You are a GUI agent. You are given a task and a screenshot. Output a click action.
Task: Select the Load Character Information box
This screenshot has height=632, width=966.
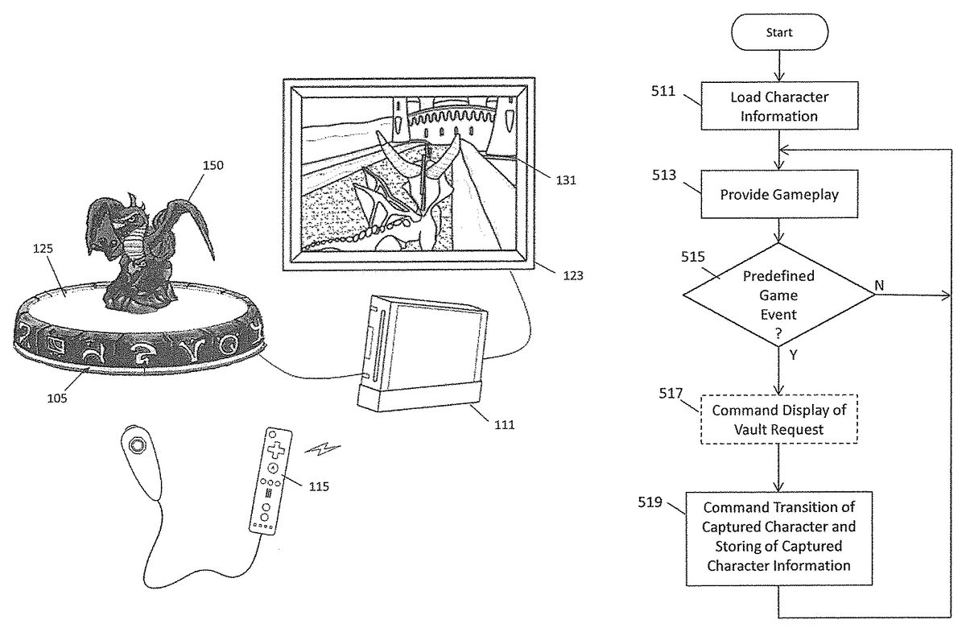[x=779, y=106]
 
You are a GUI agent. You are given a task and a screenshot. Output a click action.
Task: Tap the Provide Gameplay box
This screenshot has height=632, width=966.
[x=779, y=194]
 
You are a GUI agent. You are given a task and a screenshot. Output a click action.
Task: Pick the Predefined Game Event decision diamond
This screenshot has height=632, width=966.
[x=779, y=295]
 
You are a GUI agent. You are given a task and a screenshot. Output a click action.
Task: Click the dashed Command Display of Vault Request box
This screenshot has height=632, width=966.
[x=779, y=419]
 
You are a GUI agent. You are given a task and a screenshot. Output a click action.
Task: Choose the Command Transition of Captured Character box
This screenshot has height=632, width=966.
[x=779, y=536]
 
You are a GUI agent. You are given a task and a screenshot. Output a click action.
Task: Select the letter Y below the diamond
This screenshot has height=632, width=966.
[x=794, y=354]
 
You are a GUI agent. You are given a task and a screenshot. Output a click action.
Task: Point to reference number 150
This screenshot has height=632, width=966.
[x=213, y=166]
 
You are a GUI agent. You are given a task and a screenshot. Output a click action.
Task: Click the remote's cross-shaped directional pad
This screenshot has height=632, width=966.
[x=275, y=448]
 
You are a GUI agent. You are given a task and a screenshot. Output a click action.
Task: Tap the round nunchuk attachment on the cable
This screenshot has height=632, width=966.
[x=137, y=447]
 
